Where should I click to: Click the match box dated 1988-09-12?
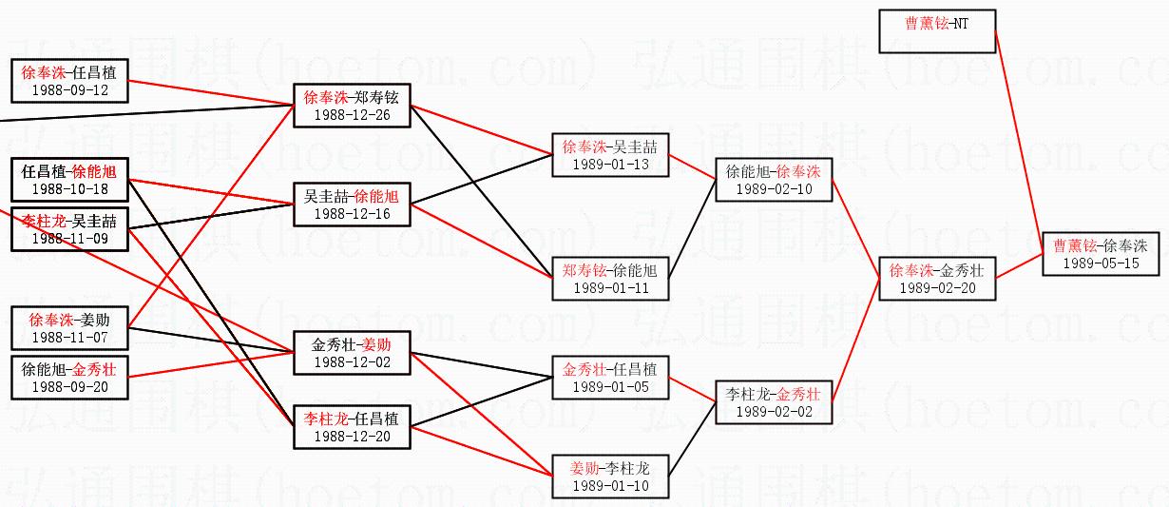coord(69,80)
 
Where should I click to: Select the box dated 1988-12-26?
coord(352,106)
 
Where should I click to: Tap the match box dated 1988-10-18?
coord(69,180)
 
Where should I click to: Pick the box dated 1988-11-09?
coord(69,229)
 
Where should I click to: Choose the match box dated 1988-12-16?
coord(352,205)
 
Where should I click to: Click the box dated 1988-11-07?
coord(69,328)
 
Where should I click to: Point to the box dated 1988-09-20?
coord(69,378)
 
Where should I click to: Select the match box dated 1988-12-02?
coord(352,353)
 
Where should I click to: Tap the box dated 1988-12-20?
coord(352,427)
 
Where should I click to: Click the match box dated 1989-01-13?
coord(610,155)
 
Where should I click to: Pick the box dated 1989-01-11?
coord(610,279)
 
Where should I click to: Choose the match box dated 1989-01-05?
coord(610,378)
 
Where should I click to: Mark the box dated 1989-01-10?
coord(610,477)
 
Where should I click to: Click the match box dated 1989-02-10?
coord(774,180)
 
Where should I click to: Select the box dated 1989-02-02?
coord(774,402)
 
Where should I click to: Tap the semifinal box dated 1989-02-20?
coord(937,279)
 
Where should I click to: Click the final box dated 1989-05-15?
coord(1102,254)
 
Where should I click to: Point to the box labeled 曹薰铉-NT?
coord(937,30)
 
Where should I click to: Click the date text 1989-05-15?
coord(1102,263)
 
